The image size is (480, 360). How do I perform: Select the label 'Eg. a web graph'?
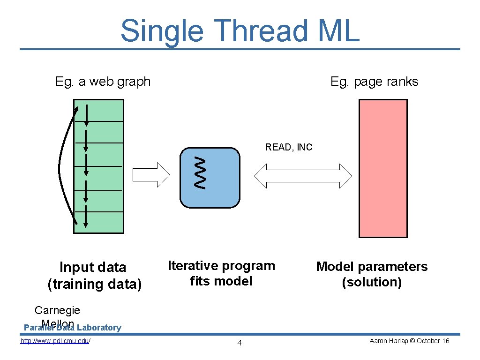[103, 82]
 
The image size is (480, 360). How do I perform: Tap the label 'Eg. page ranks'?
[374, 82]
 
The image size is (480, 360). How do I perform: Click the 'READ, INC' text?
[289, 147]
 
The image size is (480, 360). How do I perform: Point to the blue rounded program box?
[216, 178]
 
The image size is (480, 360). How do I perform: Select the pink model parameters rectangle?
[382, 168]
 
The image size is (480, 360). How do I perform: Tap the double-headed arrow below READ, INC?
[303, 176]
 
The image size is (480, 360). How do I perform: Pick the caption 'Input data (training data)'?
[94, 276]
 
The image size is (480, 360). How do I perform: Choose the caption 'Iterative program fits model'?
[221, 273]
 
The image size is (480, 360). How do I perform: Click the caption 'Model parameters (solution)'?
[372, 274]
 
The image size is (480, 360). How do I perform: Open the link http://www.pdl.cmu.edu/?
[55, 341]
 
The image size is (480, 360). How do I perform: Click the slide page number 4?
[240, 343]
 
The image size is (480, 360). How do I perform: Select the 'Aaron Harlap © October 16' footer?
[409, 341]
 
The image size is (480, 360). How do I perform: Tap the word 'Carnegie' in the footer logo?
[57, 310]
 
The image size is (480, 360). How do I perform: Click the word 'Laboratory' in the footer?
[99, 328]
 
